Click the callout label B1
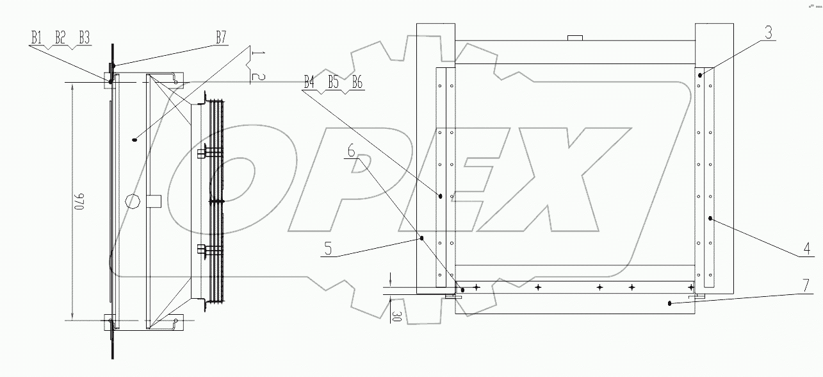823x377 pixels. [x=37, y=38]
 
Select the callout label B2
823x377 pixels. [x=60, y=38]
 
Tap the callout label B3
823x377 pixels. [x=83, y=38]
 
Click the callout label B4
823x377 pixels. [x=309, y=83]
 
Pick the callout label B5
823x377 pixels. [x=332, y=83]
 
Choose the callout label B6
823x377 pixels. [x=356, y=83]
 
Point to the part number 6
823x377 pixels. [x=351, y=151]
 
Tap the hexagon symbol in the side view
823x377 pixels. [x=133, y=200]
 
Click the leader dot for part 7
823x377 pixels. [x=669, y=304]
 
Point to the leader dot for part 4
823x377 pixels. [x=711, y=219]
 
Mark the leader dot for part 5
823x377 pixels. [x=422, y=238]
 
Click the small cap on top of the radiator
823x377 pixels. [x=574, y=37]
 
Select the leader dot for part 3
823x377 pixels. [x=700, y=75]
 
